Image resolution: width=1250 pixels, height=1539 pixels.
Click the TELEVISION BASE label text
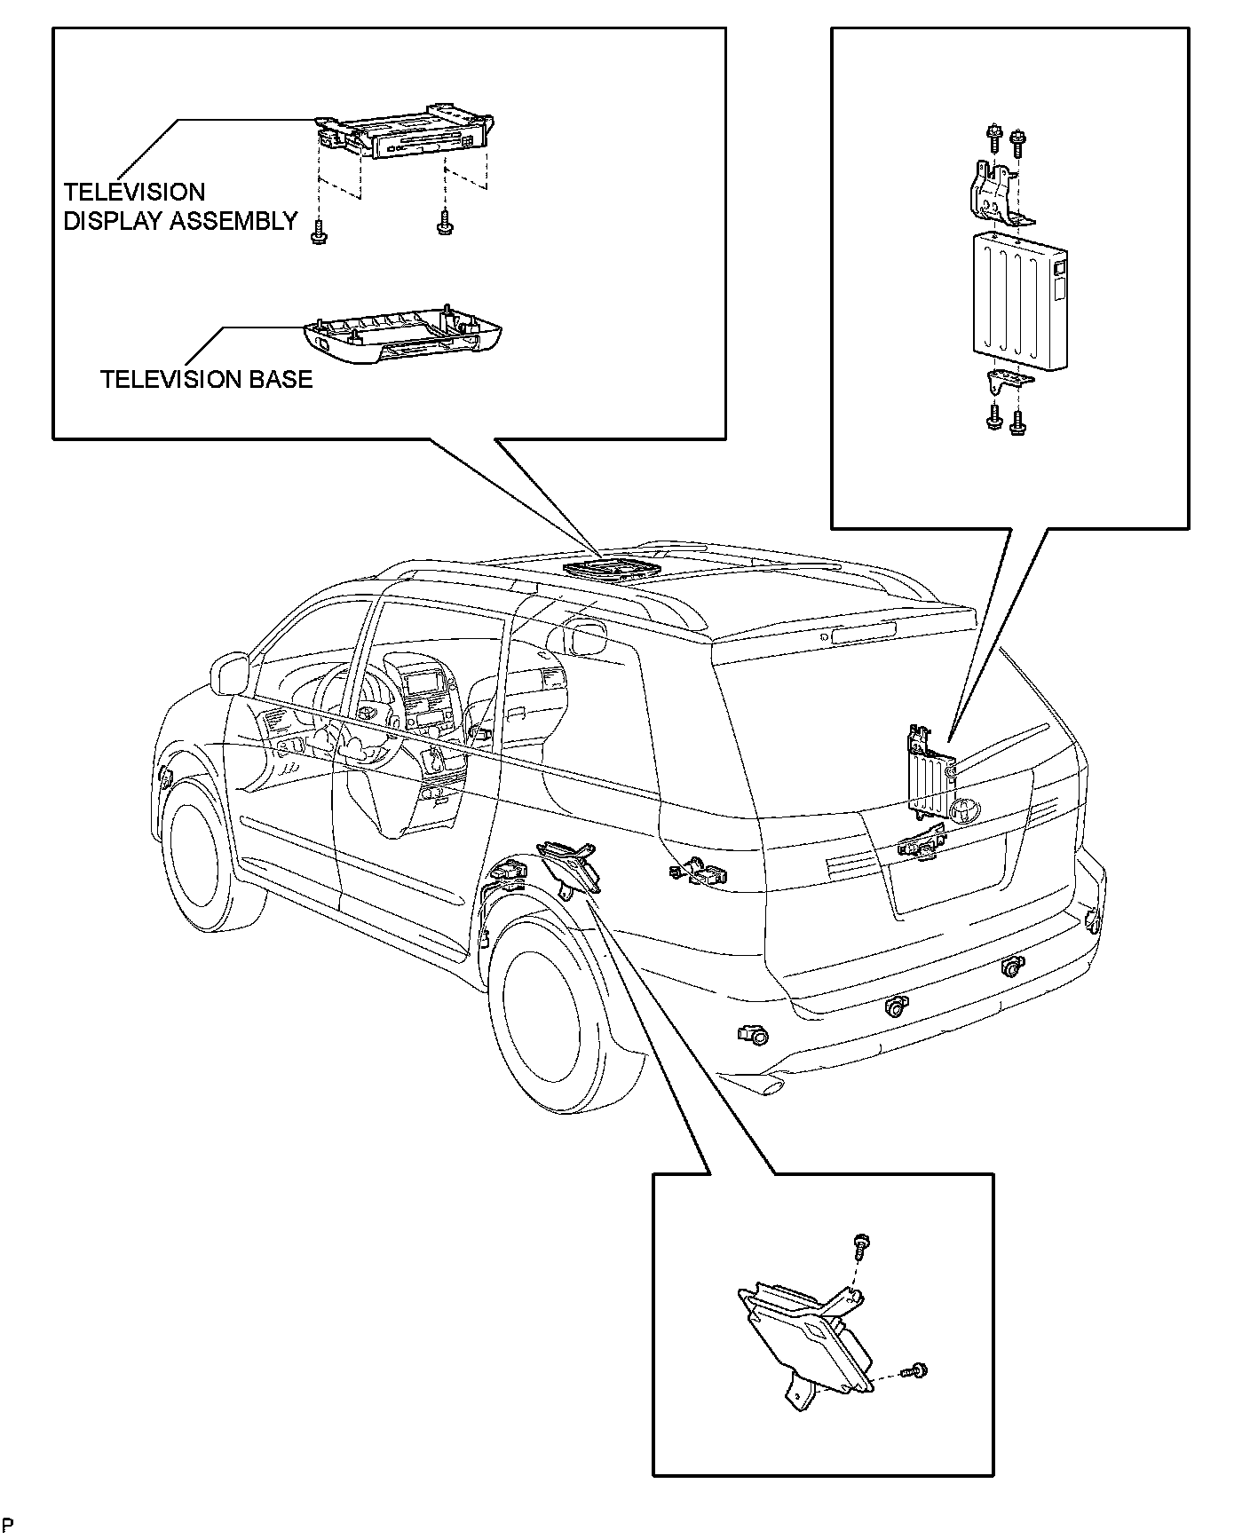[x=206, y=379]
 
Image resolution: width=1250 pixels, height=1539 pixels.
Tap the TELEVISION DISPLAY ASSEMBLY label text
[x=180, y=207]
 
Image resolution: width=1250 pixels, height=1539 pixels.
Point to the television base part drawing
[x=402, y=336]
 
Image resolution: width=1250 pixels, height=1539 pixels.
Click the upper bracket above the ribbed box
[x=994, y=190]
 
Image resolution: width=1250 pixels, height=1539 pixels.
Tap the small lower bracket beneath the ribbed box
[x=1009, y=382]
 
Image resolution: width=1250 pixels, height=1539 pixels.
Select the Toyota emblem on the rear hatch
[x=963, y=809]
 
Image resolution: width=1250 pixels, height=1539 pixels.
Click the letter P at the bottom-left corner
[x=8, y=1525]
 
